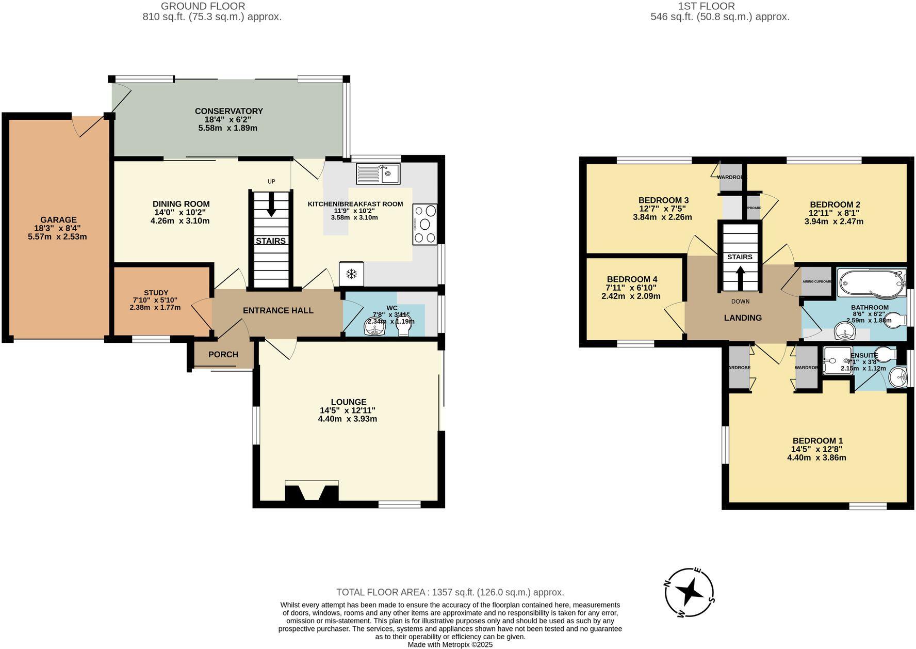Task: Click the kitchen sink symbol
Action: (378, 173)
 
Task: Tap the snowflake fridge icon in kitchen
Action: (351, 274)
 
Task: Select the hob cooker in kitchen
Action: (424, 224)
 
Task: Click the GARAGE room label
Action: (58, 220)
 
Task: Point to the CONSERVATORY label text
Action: (228, 111)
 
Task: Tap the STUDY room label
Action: (156, 293)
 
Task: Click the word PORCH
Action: (223, 355)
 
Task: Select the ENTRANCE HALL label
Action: (278, 310)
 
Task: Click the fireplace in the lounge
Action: (312, 491)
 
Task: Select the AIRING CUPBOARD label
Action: (817, 281)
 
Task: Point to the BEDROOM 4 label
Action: (632, 279)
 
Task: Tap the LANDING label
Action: (742, 318)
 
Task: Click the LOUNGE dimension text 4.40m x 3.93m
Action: (347, 419)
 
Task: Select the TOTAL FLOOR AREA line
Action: (450, 592)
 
